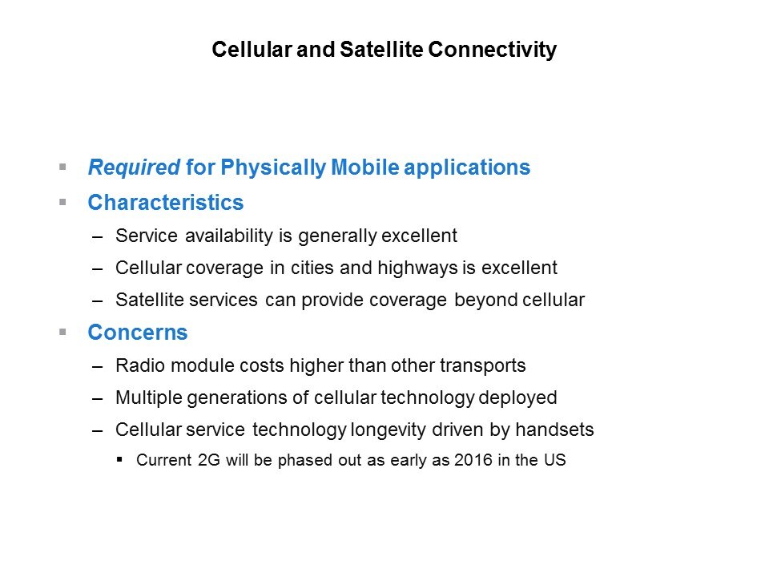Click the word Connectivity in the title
pyautogui.click(x=492, y=50)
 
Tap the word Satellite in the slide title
pyautogui.click(x=381, y=49)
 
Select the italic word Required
pyautogui.click(x=134, y=167)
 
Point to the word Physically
pyautogui.click(x=273, y=167)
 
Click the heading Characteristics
pyautogui.click(x=166, y=203)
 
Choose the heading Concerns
pyautogui.click(x=138, y=332)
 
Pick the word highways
pyautogui.click(x=418, y=268)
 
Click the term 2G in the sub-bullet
pyautogui.click(x=209, y=460)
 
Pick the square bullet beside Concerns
pyautogui.click(x=62, y=332)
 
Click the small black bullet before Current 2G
pyautogui.click(x=119, y=460)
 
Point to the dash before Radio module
pyautogui.click(x=97, y=367)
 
